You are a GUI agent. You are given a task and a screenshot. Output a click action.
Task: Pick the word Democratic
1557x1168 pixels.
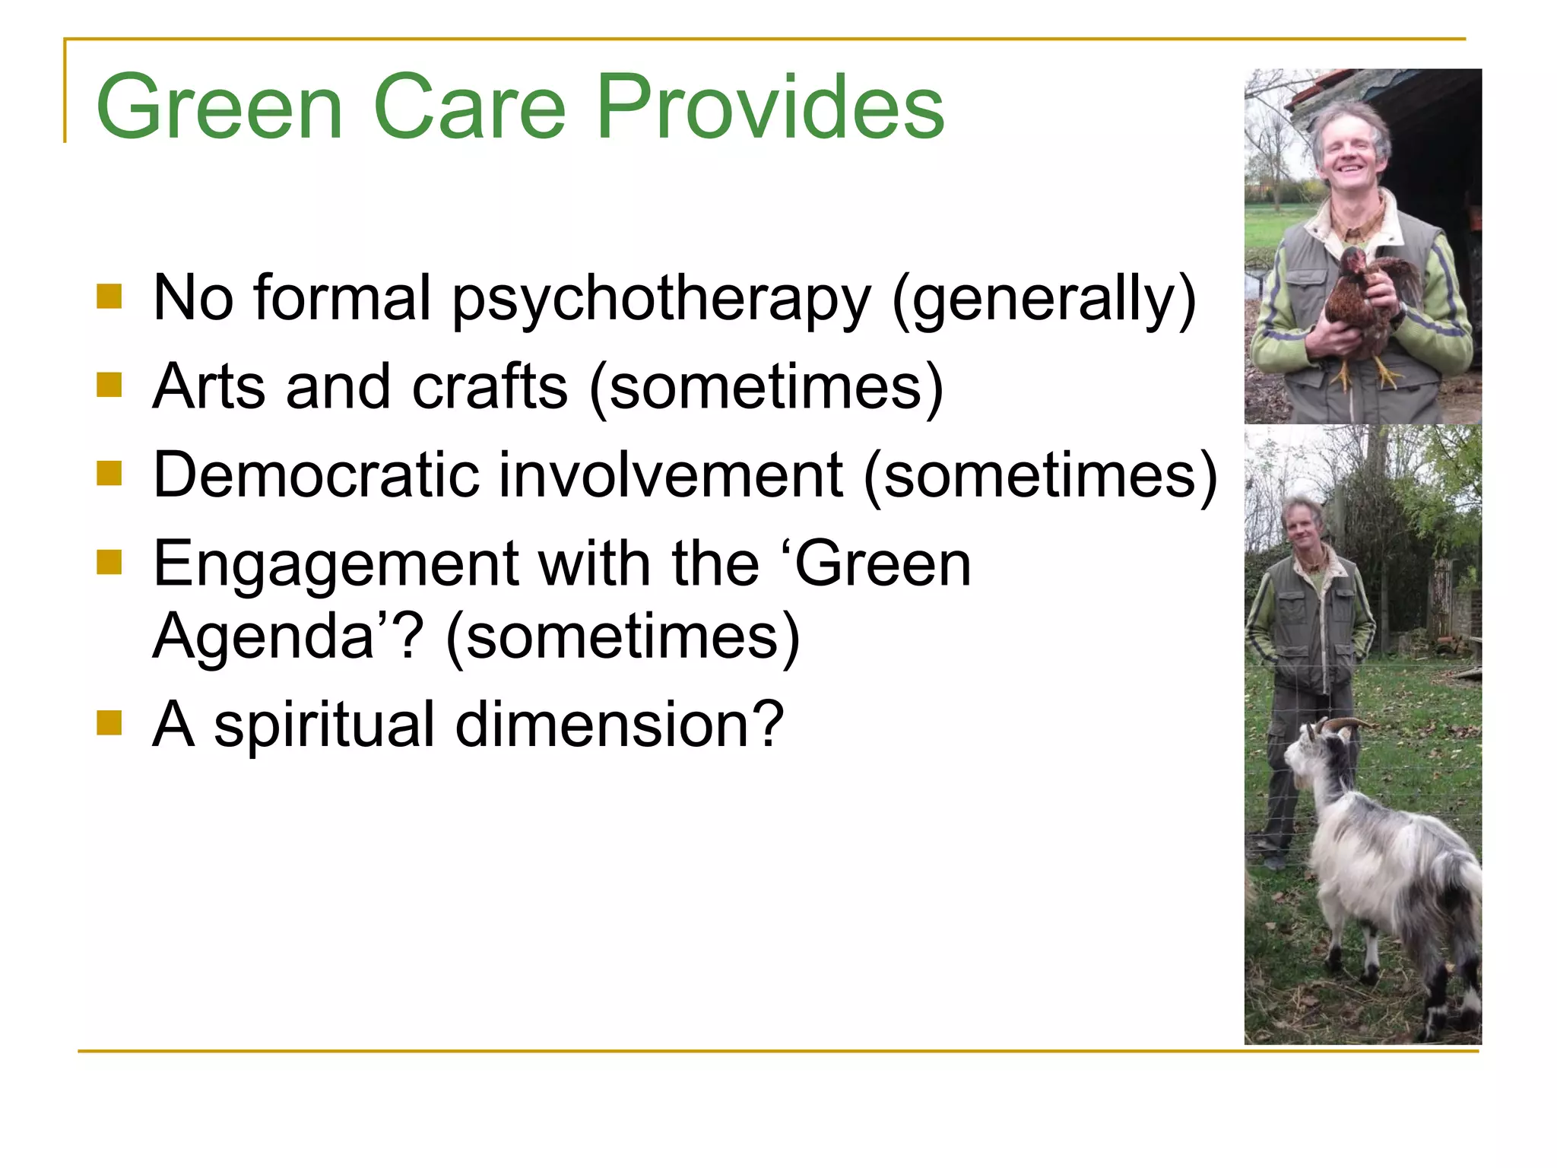[x=317, y=474]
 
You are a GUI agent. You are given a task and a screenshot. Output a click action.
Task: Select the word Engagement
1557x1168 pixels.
[x=335, y=564]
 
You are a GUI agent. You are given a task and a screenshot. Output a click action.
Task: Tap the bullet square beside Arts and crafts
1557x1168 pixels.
[x=109, y=385]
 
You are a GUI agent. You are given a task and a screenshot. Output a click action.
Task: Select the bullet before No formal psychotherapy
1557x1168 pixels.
[x=109, y=297]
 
